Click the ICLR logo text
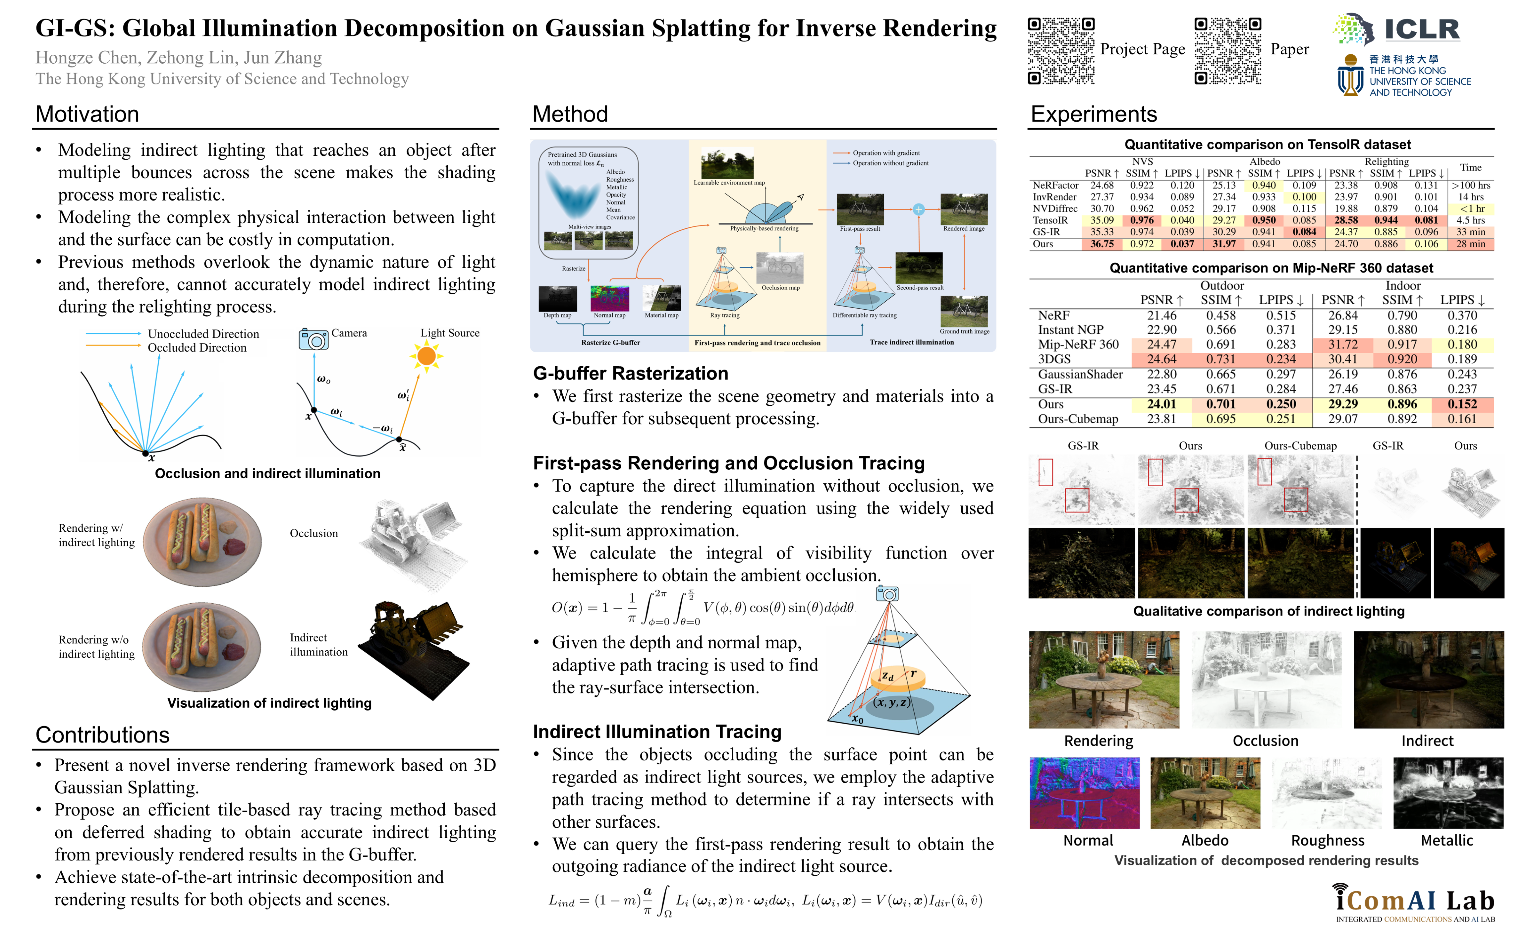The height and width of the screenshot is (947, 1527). pyautogui.click(x=1421, y=30)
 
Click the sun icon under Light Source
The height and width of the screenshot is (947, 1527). pyautogui.click(x=426, y=356)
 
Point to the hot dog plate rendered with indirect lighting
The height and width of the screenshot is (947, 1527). pyautogui.click(x=202, y=542)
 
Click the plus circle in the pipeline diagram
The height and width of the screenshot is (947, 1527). pyautogui.click(x=919, y=210)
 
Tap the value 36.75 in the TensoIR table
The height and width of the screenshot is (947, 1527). pyautogui.click(x=1102, y=244)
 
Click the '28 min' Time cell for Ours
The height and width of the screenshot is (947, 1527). pyautogui.click(x=1471, y=244)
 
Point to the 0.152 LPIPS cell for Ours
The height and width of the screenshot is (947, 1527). pyautogui.click(x=1462, y=404)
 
